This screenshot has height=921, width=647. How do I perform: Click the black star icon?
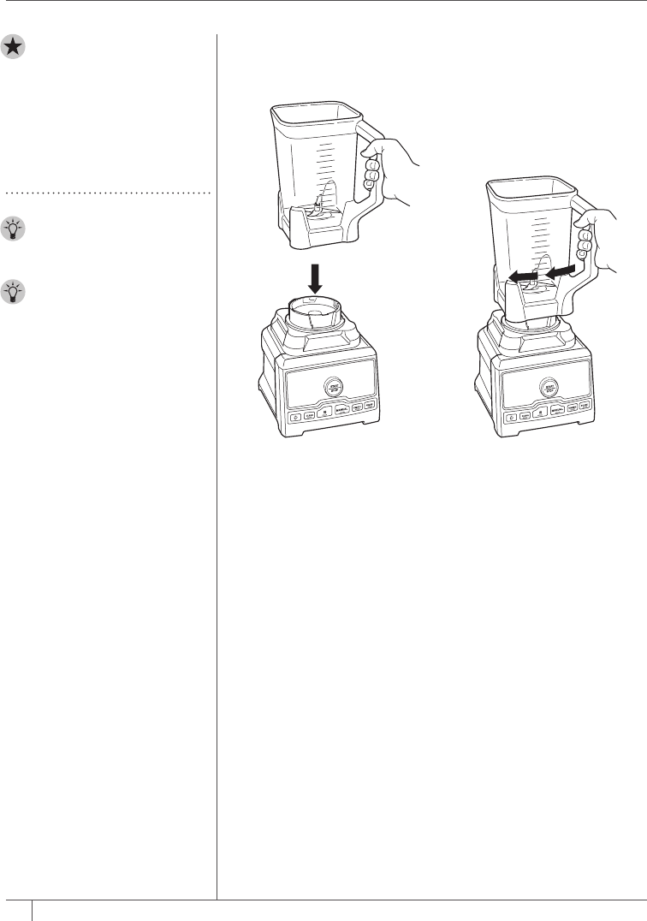(x=15, y=48)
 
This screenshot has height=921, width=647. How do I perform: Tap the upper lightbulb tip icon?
(x=15, y=229)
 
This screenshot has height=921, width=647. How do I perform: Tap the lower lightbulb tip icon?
(x=15, y=292)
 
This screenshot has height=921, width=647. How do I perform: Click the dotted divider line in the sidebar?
(x=108, y=193)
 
